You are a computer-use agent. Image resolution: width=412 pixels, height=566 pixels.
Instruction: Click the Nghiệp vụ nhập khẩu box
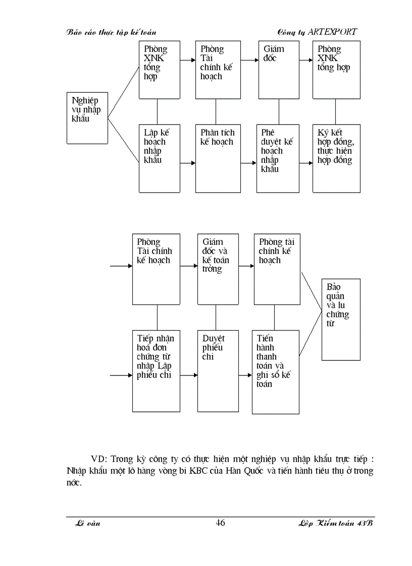click(x=87, y=117)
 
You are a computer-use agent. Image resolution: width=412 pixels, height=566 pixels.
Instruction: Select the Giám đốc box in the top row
click(x=278, y=70)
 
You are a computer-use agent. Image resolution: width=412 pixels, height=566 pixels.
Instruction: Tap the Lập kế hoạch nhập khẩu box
click(x=160, y=158)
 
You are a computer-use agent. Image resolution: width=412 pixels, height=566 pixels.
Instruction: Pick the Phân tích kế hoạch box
click(x=218, y=158)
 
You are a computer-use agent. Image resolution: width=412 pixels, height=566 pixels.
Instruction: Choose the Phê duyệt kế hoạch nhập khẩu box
click(x=278, y=158)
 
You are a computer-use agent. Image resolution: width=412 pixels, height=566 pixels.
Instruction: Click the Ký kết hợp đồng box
click(x=336, y=158)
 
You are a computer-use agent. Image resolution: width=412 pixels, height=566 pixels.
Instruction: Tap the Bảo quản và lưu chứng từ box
click(x=341, y=319)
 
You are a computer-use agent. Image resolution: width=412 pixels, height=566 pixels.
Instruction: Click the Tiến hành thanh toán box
click(x=275, y=371)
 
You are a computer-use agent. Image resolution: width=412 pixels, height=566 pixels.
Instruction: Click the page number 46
click(x=220, y=523)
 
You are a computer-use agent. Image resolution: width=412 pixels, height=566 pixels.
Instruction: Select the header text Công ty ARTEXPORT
click(x=317, y=32)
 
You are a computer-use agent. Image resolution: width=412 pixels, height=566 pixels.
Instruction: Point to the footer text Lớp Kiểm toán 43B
click(x=335, y=524)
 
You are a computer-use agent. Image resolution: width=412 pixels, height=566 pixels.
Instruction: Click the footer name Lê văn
click(x=87, y=524)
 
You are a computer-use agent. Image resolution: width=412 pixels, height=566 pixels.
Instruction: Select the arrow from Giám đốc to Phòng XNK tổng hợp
click(x=305, y=60)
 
